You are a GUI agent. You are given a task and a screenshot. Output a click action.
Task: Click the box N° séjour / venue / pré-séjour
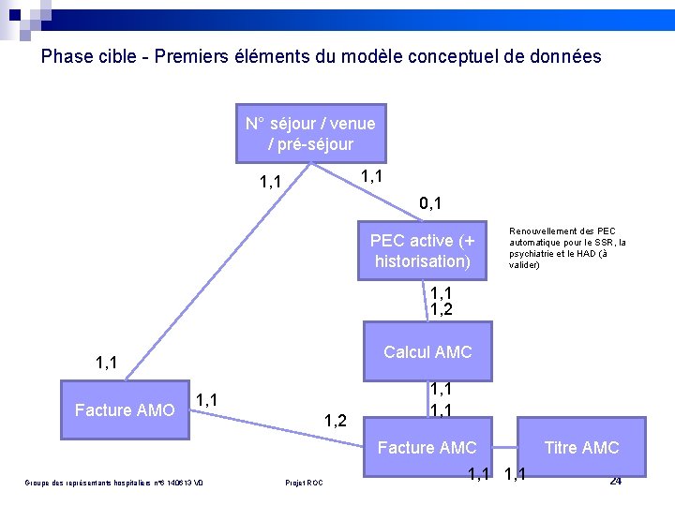click(x=309, y=133)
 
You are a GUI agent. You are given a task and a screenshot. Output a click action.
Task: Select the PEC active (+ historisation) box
click(x=422, y=250)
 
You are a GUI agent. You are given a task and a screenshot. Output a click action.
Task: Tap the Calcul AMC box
click(x=427, y=352)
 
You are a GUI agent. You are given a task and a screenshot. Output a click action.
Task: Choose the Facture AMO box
click(x=125, y=410)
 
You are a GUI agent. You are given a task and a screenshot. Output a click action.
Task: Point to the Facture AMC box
click(x=427, y=448)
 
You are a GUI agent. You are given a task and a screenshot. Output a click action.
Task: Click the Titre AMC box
click(x=581, y=448)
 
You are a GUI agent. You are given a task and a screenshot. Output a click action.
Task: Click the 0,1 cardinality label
click(x=431, y=202)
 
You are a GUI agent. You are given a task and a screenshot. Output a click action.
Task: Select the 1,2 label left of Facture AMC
click(x=336, y=421)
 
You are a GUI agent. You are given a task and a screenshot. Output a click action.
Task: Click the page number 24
click(x=615, y=482)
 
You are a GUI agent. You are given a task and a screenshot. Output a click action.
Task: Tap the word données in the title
click(x=566, y=56)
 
